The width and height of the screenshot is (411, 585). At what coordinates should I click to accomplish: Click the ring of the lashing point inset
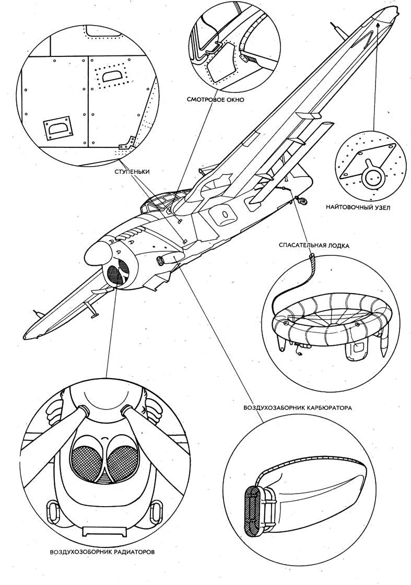(372, 177)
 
